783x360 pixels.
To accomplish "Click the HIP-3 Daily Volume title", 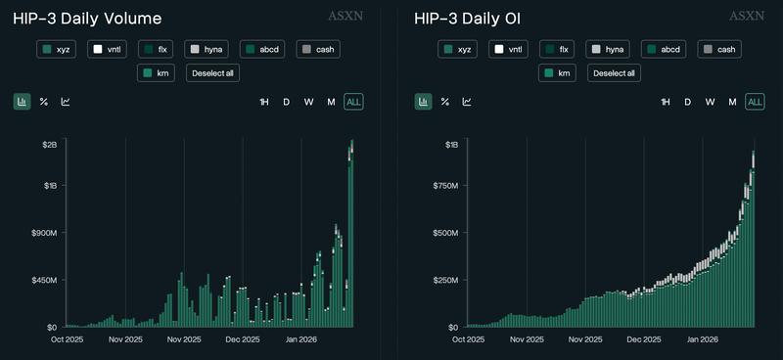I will pyautogui.click(x=87, y=19).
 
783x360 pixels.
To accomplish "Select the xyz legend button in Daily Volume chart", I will pyautogui.click(x=58, y=49).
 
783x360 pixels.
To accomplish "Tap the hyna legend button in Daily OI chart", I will pyautogui.click(x=607, y=49).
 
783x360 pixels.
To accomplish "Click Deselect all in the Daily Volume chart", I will pyautogui.click(x=212, y=72).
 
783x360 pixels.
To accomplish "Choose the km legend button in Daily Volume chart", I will pyautogui.click(x=156, y=72).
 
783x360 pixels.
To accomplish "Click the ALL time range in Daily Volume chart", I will pyautogui.click(x=353, y=102).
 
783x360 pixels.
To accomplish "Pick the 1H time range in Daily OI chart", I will pyautogui.click(x=666, y=102).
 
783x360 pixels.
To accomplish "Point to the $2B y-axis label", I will pyautogui.click(x=49, y=145).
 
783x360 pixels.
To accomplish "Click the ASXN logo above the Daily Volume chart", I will pyautogui.click(x=349, y=17).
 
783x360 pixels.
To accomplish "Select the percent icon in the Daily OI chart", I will pyautogui.click(x=445, y=102).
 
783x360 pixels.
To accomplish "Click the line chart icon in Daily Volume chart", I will pyautogui.click(x=66, y=102).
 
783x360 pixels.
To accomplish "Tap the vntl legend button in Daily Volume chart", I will pyautogui.click(x=108, y=49).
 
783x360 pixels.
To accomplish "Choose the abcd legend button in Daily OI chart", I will pyautogui.click(x=664, y=49).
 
